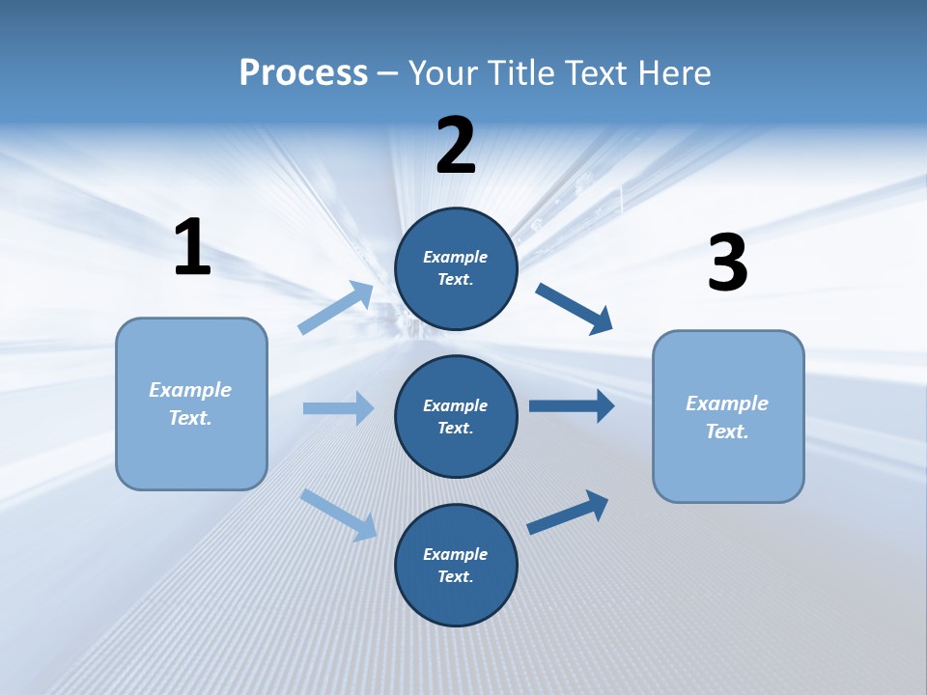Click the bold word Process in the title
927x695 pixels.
coord(303,72)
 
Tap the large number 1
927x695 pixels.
coord(192,247)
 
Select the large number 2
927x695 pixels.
coord(456,146)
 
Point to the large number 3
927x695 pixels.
coord(727,263)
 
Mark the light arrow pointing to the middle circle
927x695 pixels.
coord(338,408)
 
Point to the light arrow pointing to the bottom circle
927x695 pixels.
coord(338,514)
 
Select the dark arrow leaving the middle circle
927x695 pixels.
coord(571,405)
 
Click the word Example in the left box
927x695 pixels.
coord(190,390)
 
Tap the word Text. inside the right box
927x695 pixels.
coord(727,431)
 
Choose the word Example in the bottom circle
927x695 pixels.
coord(456,554)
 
